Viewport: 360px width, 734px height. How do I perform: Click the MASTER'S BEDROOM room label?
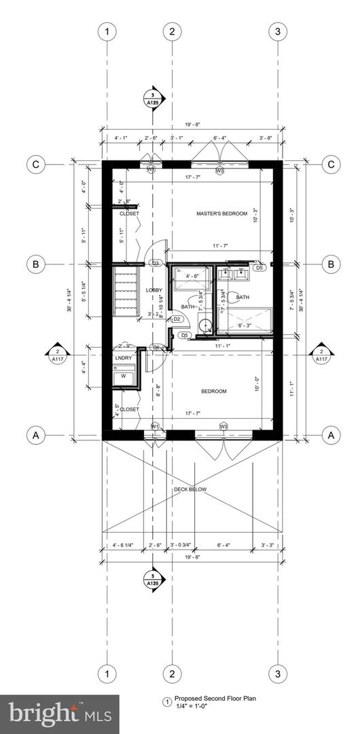click(x=221, y=214)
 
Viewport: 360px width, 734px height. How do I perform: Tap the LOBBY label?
click(x=154, y=290)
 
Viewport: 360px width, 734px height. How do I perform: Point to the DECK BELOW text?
click(x=190, y=489)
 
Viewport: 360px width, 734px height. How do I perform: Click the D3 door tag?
click(x=155, y=263)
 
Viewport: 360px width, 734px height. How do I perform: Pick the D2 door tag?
click(x=176, y=319)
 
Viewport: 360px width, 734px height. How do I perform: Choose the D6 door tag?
click(x=156, y=347)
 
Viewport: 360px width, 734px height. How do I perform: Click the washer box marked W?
click(x=123, y=376)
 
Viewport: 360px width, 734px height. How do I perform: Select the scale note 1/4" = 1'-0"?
click(x=191, y=707)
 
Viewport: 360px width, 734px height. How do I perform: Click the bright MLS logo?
click(x=59, y=714)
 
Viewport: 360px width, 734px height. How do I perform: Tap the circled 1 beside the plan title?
click(x=165, y=702)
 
